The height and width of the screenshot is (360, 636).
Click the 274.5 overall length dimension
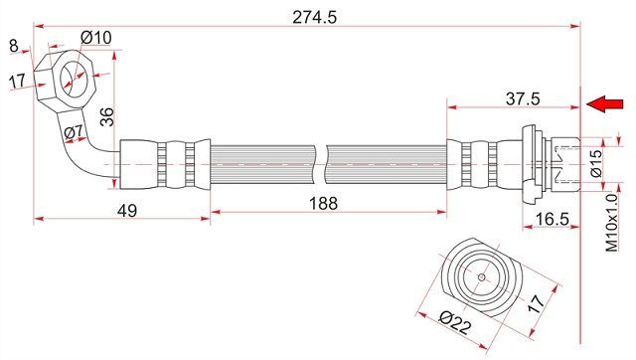pos(314,18)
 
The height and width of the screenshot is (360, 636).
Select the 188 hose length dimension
pos(323,203)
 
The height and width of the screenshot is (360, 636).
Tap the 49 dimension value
pos(127,211)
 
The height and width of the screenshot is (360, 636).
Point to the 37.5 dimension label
pos(523,98)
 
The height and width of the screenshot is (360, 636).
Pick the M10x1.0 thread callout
pos(612,223)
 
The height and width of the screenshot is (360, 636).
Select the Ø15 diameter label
pos(596,163)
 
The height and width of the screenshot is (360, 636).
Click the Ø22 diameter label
pos(455,322)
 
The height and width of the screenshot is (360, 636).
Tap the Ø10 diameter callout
pos(96,38)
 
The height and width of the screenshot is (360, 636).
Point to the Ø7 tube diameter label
pos(74,131)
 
